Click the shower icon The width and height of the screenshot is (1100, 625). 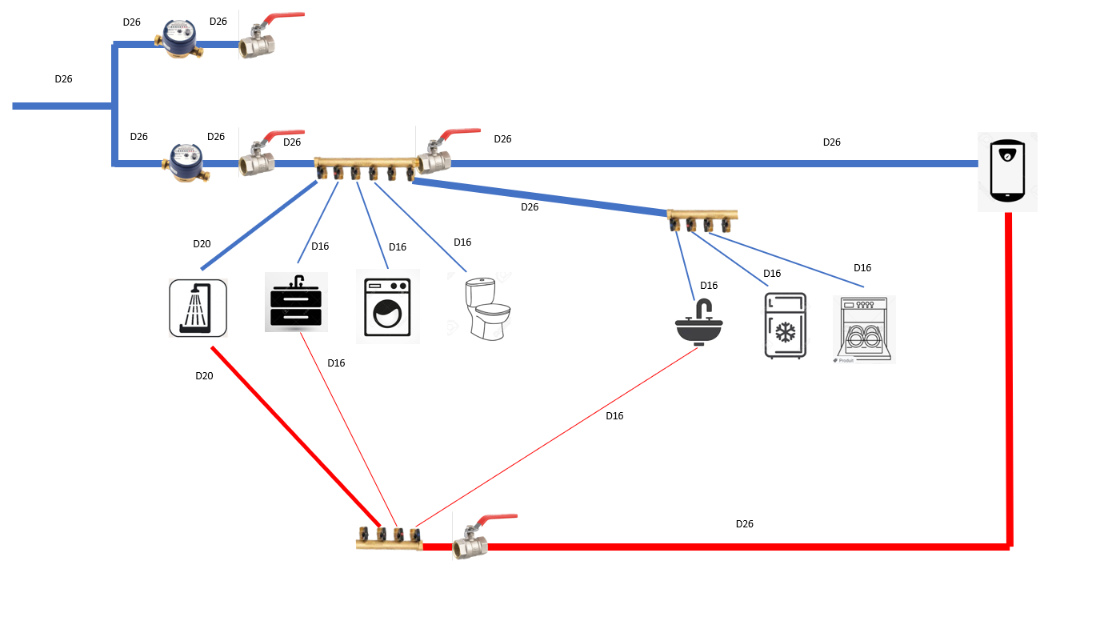198,307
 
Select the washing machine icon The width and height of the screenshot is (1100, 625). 387,306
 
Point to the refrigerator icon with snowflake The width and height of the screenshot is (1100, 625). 786,325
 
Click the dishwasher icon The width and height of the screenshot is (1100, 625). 863,329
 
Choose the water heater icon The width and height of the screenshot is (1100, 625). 1007,171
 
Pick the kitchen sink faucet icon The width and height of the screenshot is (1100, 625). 699,322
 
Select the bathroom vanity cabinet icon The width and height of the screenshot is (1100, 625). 296,302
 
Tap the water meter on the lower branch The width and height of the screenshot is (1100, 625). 185,161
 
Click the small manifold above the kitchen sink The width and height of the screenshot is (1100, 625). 702,218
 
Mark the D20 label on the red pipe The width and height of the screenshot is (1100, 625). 204,375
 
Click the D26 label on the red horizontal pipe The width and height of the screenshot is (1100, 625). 744,524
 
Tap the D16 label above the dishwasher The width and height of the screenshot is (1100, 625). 862,268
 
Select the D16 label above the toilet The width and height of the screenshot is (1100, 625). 462,242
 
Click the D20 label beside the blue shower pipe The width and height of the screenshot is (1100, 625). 202,244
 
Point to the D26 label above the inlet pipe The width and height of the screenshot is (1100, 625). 63,79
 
